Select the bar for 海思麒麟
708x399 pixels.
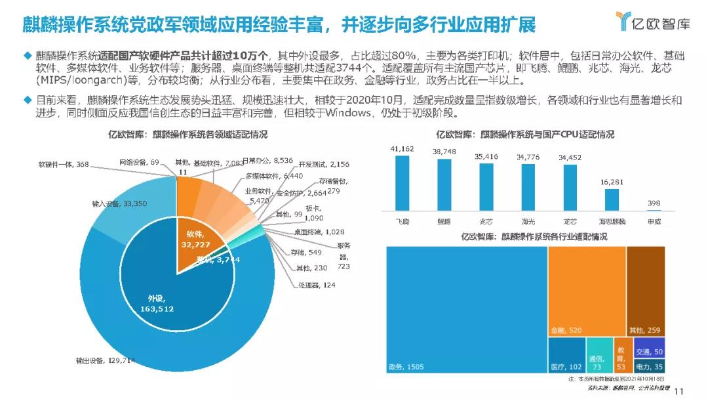pos(612,199)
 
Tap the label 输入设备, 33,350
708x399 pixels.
pos(115,204)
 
